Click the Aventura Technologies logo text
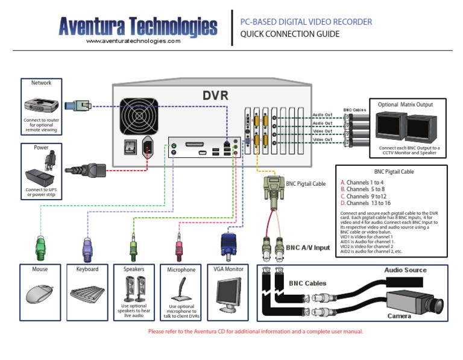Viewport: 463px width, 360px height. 138,26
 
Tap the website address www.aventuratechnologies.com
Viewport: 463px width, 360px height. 133,41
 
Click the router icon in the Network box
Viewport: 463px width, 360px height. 41,105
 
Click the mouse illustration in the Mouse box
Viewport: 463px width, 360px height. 40,294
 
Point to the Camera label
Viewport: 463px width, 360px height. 399,316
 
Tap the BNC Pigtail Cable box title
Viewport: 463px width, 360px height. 394,172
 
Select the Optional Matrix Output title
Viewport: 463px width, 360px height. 405,104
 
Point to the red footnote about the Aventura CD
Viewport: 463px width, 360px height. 256,332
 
